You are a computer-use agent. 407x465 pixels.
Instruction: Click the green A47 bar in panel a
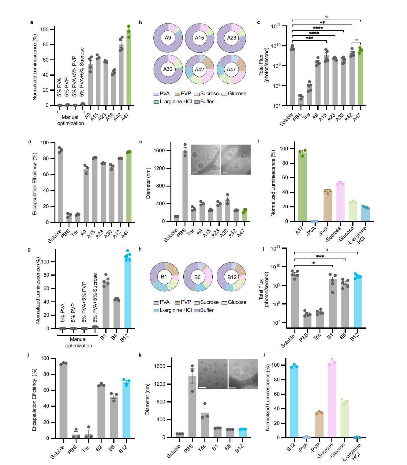coord(129,67)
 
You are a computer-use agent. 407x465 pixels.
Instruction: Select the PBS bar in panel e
coord(185,186)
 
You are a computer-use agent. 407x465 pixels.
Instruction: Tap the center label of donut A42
coord(199,70)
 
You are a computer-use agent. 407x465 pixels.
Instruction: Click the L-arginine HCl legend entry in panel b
coord(173,101)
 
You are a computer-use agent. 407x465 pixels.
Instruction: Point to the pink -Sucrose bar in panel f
coord(340,202)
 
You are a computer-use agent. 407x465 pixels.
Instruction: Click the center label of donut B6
coord(197,277)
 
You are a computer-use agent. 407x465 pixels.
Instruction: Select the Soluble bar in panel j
coord(63,400)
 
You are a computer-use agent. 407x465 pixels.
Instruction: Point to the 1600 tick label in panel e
coord(160,151)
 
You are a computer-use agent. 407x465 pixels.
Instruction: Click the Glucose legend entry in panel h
coord(234,302)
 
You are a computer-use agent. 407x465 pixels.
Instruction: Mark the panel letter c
coord(258,22)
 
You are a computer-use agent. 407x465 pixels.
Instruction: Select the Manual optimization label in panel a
coord(70,120)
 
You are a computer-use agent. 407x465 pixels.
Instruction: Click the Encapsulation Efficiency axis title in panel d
coord(35,184)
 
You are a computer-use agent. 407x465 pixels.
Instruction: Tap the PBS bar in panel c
coord(301,102)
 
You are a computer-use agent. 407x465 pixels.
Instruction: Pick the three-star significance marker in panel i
coord(320,257)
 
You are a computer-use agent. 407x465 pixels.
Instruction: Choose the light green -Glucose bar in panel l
coord(344,420)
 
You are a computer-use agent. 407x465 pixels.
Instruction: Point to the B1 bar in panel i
coord(332,304)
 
